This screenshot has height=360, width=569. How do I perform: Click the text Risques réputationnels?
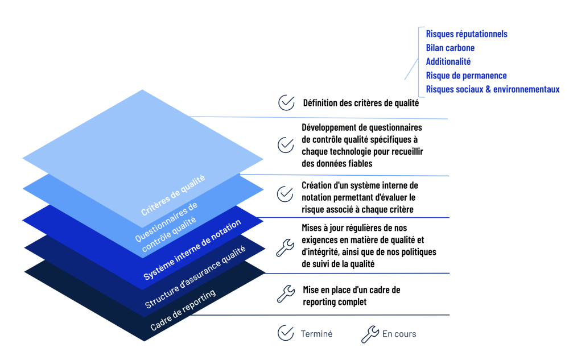pyautogui.click(x=467, y=34)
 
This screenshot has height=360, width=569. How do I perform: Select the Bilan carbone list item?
pyautogui.click(x=450, y=48)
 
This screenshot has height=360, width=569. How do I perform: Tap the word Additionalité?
pyautogui.click(x=448, y=61)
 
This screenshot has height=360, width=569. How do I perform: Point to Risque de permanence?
pyautogui.click(x=466, y=76)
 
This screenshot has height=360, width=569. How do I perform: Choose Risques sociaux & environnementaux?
pyautogui.click(x=493, y=89)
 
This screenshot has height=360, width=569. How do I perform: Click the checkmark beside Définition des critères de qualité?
pyautogui.click(x=286, y=103)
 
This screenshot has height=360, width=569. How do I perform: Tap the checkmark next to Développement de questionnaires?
pyautogui.click(x=286, y=145)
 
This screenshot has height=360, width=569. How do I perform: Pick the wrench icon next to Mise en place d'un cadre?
pyautogui.click(x=285, y=293)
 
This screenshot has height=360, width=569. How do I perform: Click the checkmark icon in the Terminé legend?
pyautogui.click(x=286, y=333)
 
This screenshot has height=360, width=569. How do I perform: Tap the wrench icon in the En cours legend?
pyautogui.click(x=370, y=334)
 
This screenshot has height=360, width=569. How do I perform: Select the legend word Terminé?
pyautogui.click(x=316, y=334)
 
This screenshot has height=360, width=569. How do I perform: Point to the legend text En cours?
pyautogui.click(x=399, y=334)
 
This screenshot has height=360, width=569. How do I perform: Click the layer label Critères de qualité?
pyautogui.click(x=173, y=196)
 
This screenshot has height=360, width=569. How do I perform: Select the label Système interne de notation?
pyautogui.click(x=192, y=250)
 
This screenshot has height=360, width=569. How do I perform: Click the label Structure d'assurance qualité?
pyautogui.click(x=195, y=278)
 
